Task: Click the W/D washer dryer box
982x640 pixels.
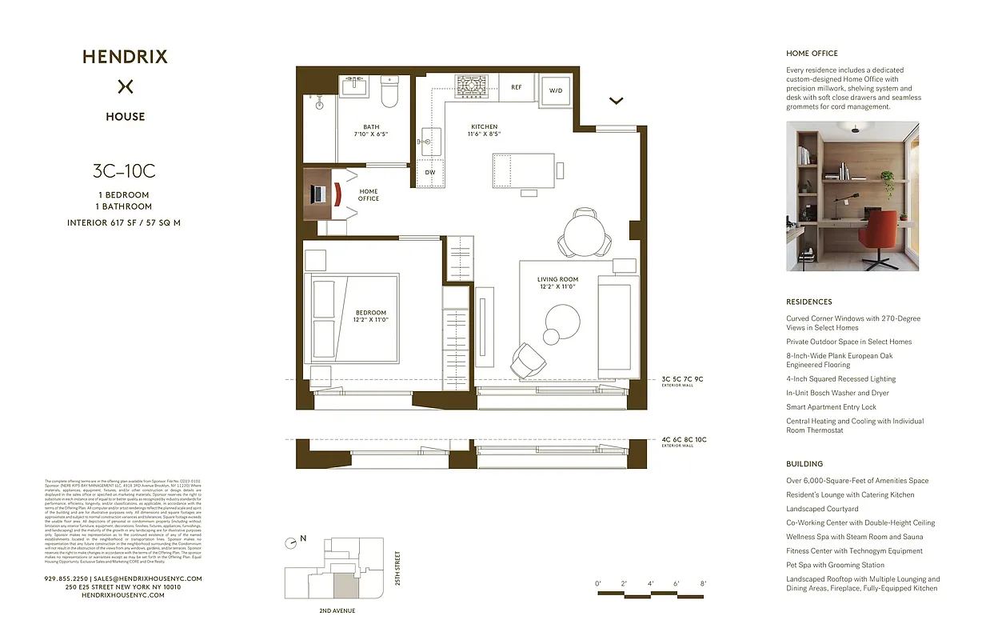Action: click(x=555, y=90)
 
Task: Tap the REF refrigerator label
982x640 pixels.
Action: click(x=517, y=88)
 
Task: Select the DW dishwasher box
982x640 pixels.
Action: click(x=429, y=173)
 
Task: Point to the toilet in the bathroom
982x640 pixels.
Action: click(x=389, y=92)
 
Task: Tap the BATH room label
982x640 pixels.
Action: click(x=372, y=126)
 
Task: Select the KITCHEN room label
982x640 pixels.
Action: click(x=484, y=126)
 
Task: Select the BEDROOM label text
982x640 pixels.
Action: click(x=370, y=313)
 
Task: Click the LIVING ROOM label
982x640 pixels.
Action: click(x=557, y=280)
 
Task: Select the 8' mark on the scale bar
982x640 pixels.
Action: click(x=703, y=584)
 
